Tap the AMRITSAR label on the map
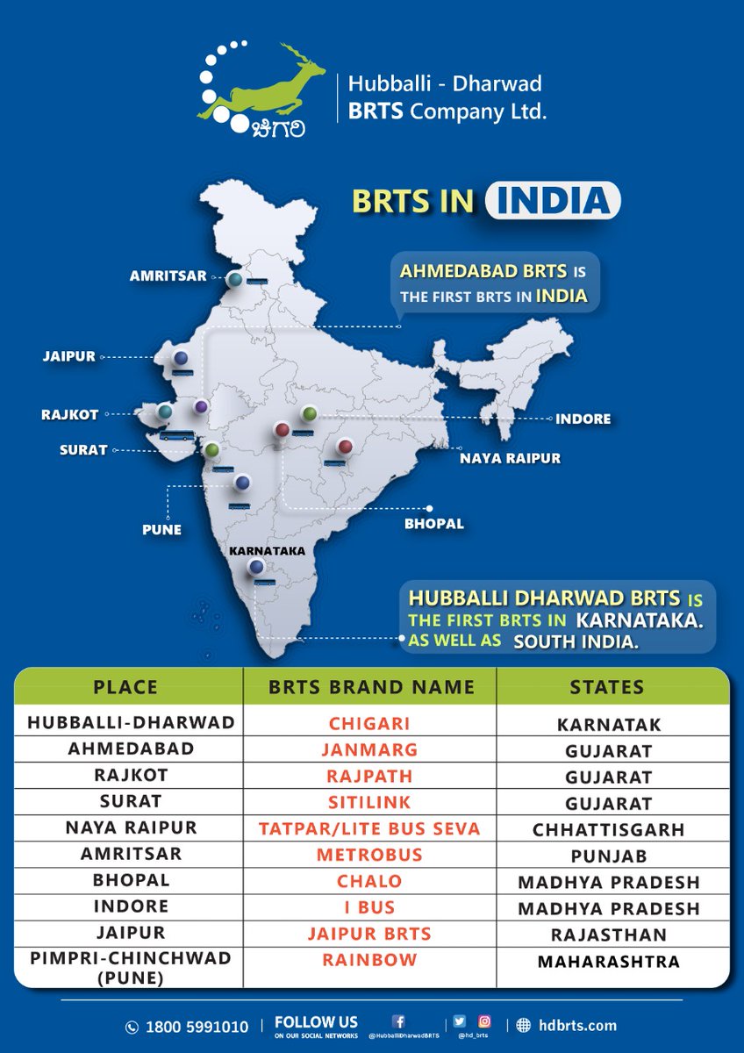click(168, 276)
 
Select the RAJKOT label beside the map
click(70, 413)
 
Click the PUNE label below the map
click(161, 530)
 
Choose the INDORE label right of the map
click(583, 419)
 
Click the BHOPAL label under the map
click(433, 524)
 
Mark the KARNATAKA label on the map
click(266, 551)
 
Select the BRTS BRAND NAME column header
click(371, 687)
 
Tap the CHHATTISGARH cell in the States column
click(607, 829)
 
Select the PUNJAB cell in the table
click(607, 856)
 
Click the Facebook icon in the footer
click(397, 1021)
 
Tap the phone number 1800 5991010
click(198, 1027)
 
